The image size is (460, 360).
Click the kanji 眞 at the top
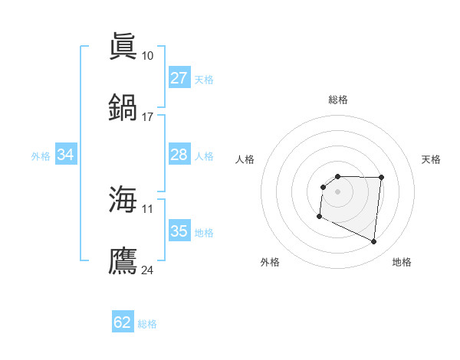click(x=123, y=45)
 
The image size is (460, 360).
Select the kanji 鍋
click(x=123, y=106)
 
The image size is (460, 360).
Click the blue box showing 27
click(x=179, y=78)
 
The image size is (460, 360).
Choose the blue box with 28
click(x=179, y=155)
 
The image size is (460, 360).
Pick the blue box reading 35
click(x=179, y=231)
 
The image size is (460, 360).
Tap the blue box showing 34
click(x=66, y=155)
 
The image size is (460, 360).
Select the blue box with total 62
click(x=123, y=322)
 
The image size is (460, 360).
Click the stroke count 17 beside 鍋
click(x=147, y=117)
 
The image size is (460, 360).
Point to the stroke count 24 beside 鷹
click(x=148, y=270)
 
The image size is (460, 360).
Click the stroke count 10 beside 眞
click(x=147, y=56)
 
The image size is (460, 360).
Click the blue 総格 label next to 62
click(x=147, y=324)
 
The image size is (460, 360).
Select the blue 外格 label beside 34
click(x=41, y=156)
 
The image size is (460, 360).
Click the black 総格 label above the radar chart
click(x=338, y=100)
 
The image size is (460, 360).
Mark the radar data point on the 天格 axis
click(x=381, y=178)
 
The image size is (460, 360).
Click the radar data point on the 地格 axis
click(x=374, y=242)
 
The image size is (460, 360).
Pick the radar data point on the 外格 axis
click(x=319, y=217)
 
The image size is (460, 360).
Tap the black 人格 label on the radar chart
click(x=245, y=159)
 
